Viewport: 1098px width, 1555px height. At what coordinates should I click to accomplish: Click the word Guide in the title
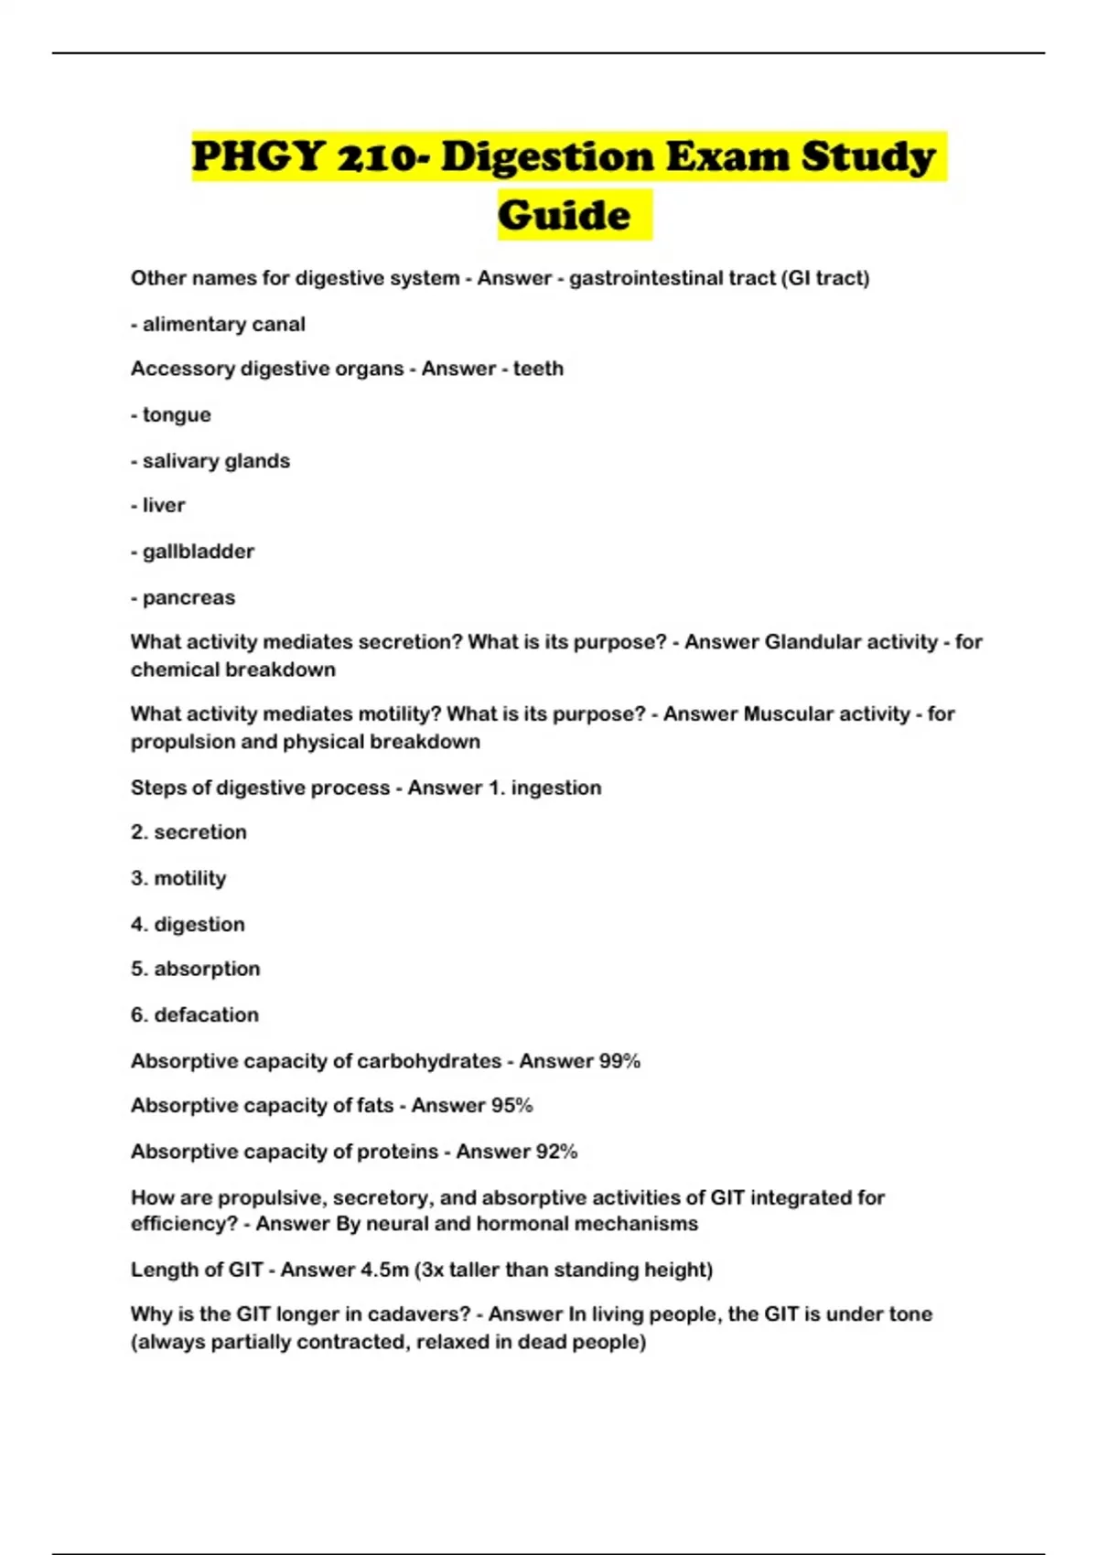[565, 216]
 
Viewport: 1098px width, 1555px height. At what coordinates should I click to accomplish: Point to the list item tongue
[177, 415]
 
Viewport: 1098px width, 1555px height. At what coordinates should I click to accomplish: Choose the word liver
[164, 506]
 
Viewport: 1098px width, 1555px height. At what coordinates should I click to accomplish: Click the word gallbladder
[199, 552]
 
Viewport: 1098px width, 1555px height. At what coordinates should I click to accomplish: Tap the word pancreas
[188, 598]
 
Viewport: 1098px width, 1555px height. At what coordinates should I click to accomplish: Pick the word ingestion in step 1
[556, 788]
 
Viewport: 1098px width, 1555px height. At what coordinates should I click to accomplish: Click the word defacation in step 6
[206, 1015]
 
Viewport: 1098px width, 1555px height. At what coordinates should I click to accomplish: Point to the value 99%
[619, 1061]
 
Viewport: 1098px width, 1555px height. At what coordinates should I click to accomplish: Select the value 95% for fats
[511, 1106]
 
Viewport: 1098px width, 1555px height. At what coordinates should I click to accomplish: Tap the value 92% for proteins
[556, 1152]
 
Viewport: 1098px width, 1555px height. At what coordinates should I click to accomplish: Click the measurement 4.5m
[376, 1270]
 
